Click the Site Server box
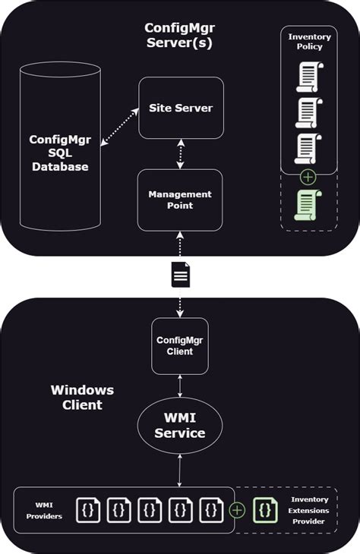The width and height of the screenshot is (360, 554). (180, 108)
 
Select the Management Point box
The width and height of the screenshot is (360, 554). (180, 200)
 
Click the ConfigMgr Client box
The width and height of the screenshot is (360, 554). (179, 346)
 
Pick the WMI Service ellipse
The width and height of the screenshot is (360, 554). (180, 427)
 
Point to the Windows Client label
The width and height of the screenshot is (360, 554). (82, 397)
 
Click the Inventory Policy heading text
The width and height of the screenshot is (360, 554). (309, 41)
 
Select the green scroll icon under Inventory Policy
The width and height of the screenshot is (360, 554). (308, 204)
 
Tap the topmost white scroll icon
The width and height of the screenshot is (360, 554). (308, 76)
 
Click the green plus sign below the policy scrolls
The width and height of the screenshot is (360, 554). (308, 178)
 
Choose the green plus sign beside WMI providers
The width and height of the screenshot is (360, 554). (237, 509)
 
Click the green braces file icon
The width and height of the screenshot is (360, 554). (265, 509)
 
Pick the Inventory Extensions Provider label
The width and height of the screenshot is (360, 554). (310, 510)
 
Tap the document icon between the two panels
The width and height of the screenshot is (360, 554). (180, 274)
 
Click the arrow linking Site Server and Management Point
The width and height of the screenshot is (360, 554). (180, 153)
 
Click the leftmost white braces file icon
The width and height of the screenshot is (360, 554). (87, 509)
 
